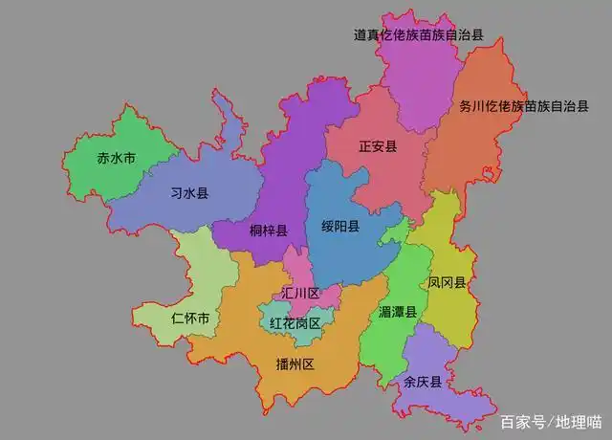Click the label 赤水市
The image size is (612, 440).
(x=117, y=158)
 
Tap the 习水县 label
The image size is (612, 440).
(x=189, y=192)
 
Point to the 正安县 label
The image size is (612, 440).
(x=378, y=146)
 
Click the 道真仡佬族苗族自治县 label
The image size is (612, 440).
(x=419, y=34)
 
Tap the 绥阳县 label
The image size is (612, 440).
(x=340, y=227)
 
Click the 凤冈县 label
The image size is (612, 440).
(x=447, y=283)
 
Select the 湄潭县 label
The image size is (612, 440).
(x=398, y=312)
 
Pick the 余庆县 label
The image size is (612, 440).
(x=423, y=382)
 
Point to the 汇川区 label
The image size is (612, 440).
(x=301, y=293)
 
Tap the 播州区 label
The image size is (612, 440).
(x=295, y=364)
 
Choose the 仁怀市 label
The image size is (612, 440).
(x=190, y=318)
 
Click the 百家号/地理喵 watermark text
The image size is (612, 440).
(x=551, y=421)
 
